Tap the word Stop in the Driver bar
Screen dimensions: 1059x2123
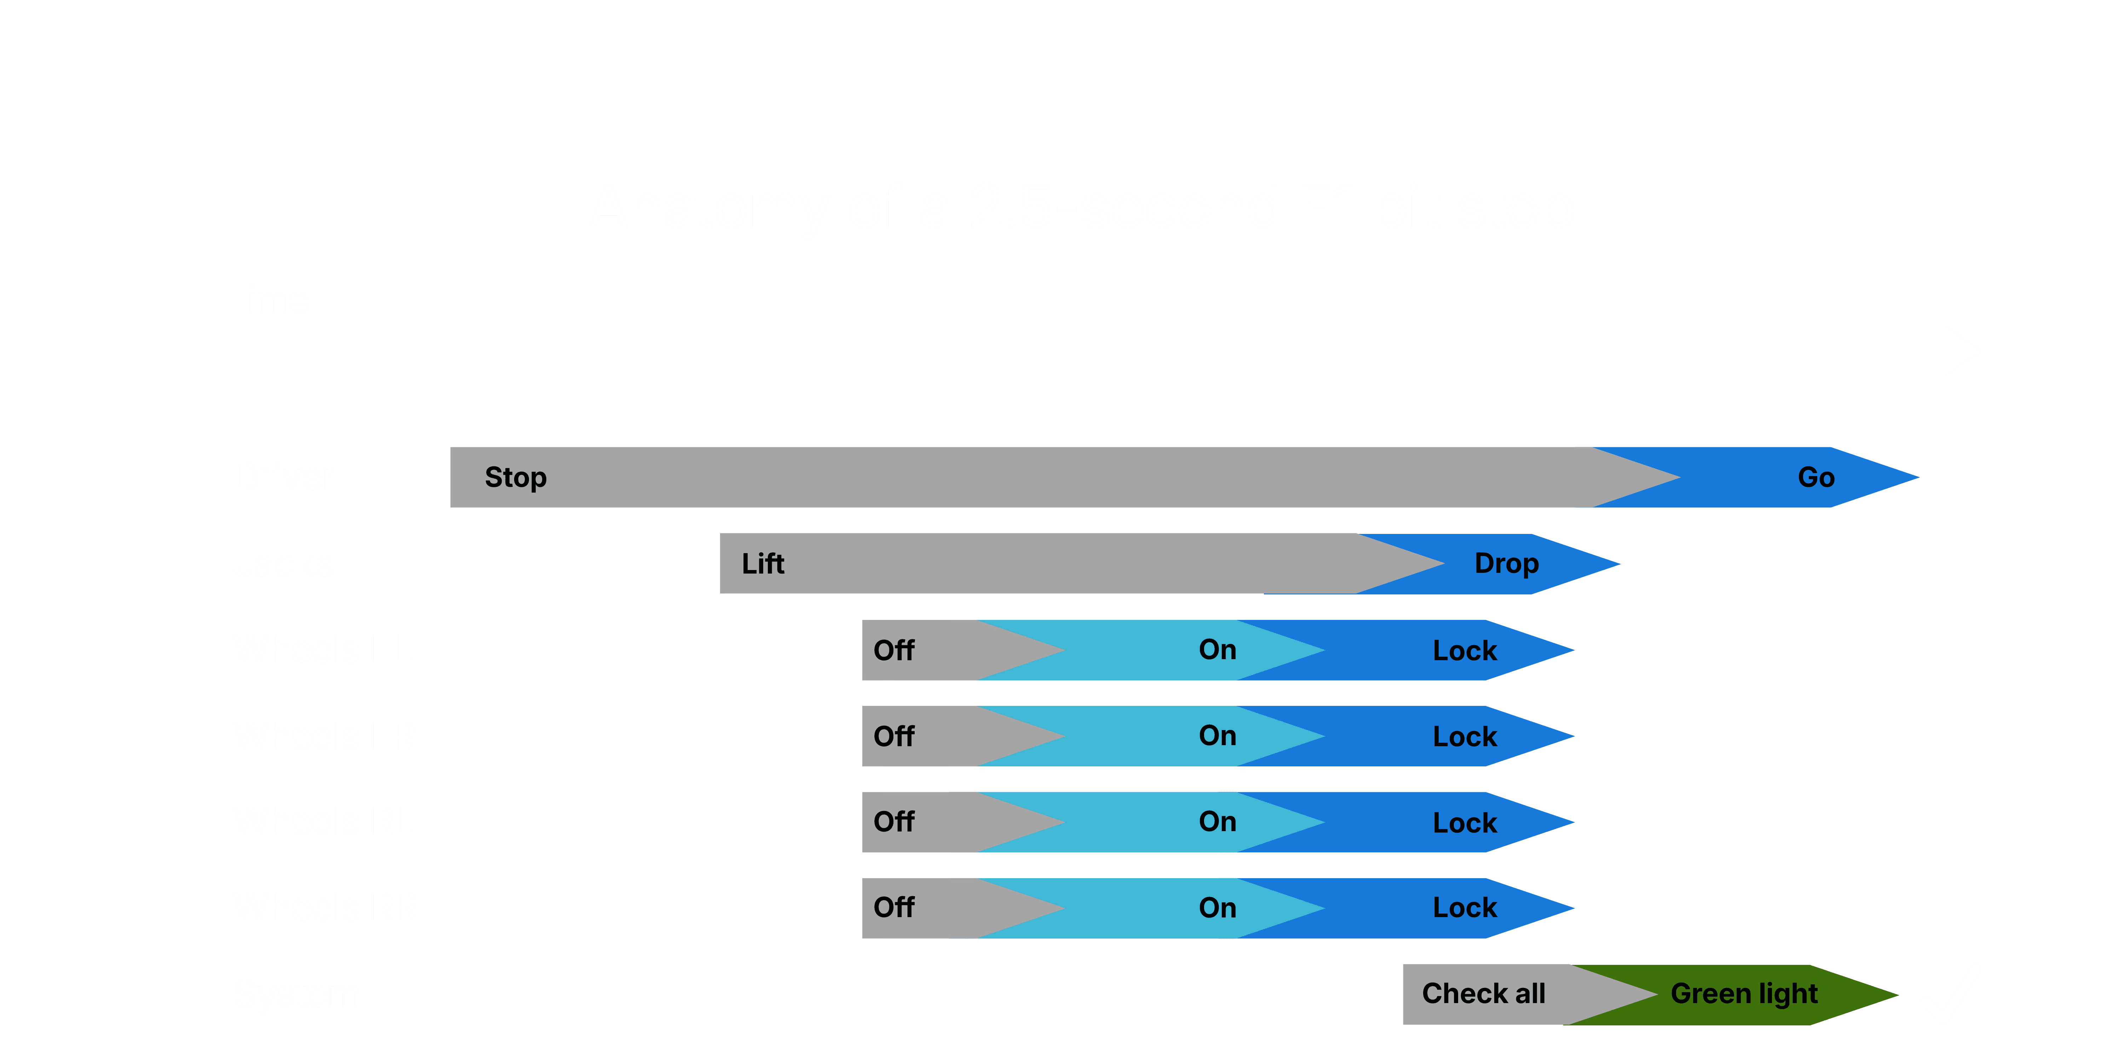[515, 477]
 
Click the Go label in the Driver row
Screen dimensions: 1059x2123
[1816, 477]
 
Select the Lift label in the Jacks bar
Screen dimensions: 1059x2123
[763, 564]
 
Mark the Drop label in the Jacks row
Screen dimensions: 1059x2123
[1506, 564]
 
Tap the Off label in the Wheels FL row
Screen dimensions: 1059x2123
[893, 650]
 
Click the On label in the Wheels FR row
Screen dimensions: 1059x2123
[1217, 735]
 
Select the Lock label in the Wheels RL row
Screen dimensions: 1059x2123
[1465, 823]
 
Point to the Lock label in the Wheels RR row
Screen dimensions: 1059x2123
[1465, 907]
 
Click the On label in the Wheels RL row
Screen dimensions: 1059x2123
[1217, 822]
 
